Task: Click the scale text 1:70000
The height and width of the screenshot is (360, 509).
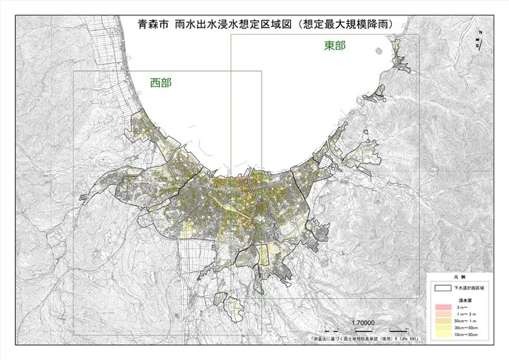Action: click(361, 322)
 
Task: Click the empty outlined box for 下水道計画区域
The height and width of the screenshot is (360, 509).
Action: click(442, 288)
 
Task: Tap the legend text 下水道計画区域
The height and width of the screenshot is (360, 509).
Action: click(469, 289)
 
